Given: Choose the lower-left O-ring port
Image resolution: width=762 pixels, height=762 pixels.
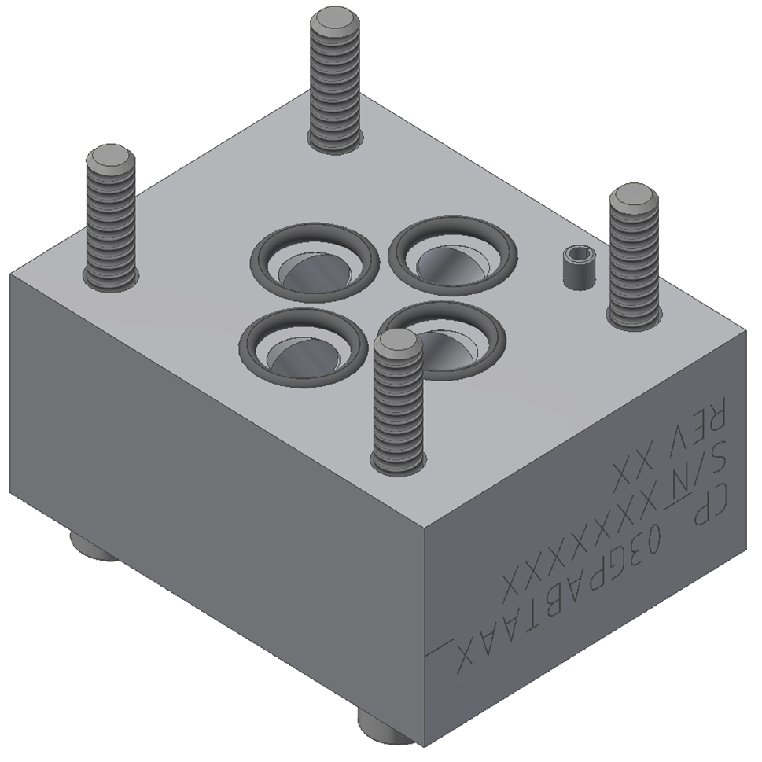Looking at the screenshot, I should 304,347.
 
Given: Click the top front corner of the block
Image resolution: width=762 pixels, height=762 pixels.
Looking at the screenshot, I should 425,525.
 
